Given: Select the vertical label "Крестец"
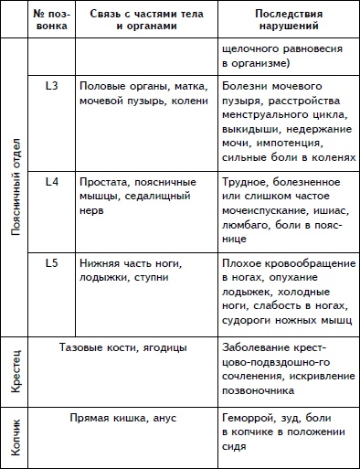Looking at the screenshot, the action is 16,375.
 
